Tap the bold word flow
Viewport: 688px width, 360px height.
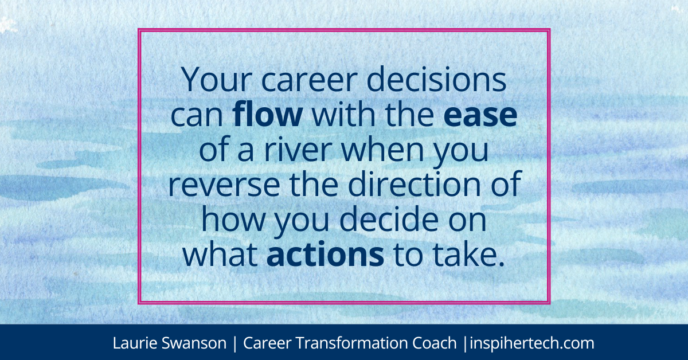[268, 116]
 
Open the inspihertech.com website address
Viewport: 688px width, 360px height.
[531, 343]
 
